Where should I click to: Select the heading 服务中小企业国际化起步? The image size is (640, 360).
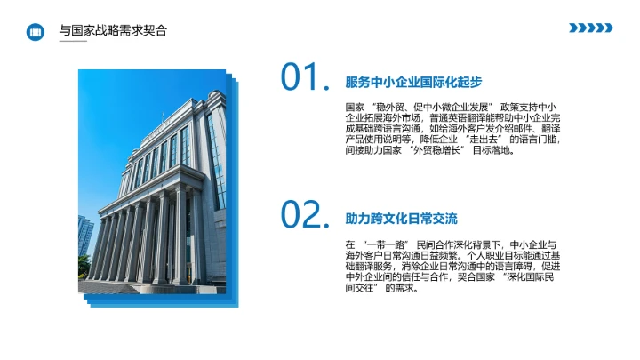pyautogui.click(x=413, y=83)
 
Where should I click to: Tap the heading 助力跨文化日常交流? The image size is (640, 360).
pyautogui.click(x=401, y=219)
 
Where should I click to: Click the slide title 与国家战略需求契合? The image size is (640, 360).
pyautogui.click(x=112, y=31)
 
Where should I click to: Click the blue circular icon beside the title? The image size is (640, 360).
pyautogui.click(x=36, y=32)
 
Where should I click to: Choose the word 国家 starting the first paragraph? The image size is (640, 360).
pyautogui.click(x=354, y=107)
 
